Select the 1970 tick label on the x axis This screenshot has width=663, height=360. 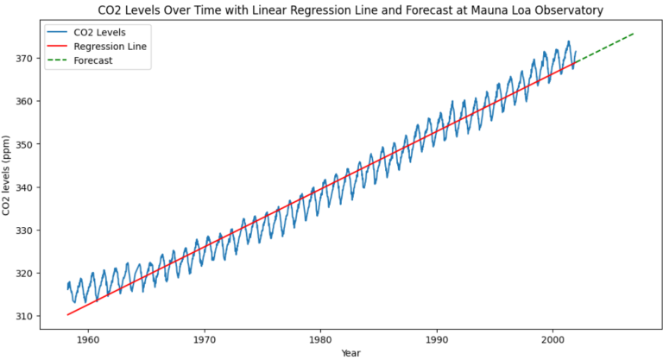[x=205, y=339]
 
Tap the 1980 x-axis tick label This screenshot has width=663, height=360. [x=321, y=339]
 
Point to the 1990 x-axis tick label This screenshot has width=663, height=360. [x=437, y=339]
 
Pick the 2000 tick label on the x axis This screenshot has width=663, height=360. [x=553, y=339]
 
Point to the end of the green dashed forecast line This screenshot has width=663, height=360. [x=635, y=33]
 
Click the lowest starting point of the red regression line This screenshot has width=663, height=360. [x=67, y=314]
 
